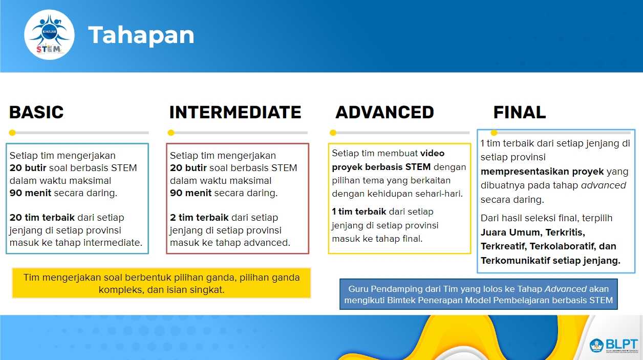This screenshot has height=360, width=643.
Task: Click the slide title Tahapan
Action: (141, 35)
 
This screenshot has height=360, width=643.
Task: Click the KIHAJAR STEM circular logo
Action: (49, 35)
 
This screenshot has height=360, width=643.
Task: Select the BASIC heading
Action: (36, 112)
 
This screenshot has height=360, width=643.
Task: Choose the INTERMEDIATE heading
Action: (235, 112)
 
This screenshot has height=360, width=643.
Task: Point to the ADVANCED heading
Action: (384, 112)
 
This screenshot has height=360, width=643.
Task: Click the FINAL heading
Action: (519, 112)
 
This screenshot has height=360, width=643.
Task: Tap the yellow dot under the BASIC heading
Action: (12, 133)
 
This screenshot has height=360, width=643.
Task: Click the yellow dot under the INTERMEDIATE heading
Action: (171, 133)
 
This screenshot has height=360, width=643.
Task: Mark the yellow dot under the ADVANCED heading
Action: (333, 133)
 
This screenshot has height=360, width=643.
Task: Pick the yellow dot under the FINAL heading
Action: (494, 133)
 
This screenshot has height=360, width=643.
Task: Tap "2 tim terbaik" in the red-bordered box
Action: (199, 218)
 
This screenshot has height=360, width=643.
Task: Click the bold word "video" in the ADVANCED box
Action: (432, 153)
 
